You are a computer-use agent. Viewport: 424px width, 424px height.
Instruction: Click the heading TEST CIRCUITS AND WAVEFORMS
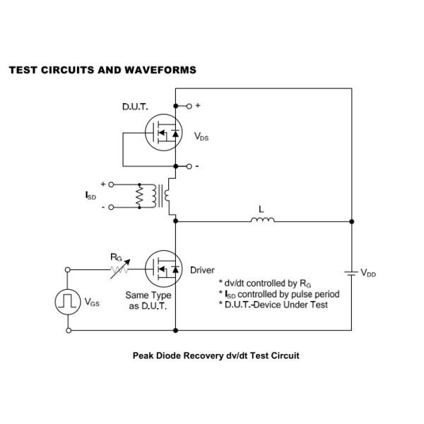[102, 70]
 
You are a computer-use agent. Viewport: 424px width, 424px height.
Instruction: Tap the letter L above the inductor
[262, 209]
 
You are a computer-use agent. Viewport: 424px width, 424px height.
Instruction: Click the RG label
[116, 257]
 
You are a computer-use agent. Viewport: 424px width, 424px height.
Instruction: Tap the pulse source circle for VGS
[68, 302]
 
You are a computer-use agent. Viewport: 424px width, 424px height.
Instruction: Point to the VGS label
[92, 302]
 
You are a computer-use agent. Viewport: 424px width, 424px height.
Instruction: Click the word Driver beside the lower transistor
[202, 270]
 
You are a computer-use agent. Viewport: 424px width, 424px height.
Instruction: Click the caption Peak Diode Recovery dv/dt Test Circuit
[216, 355]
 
